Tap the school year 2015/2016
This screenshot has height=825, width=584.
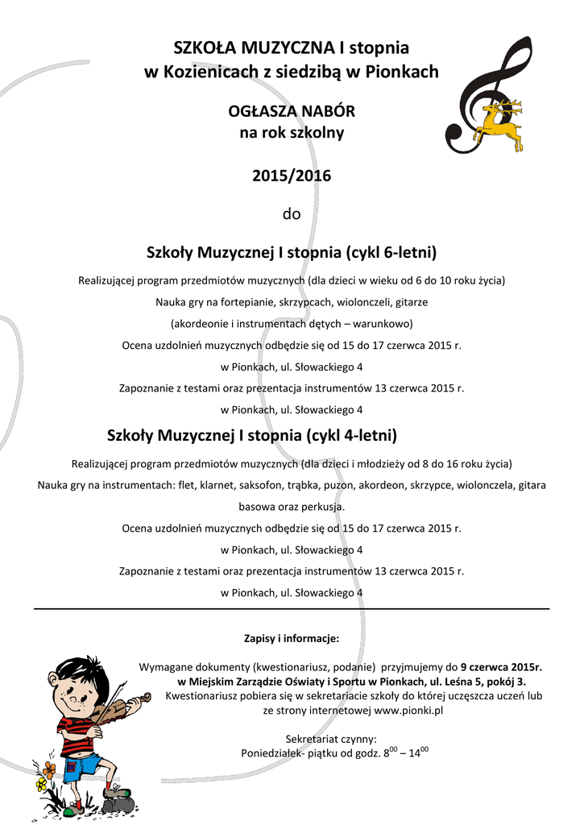292,176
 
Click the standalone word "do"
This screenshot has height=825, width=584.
292,214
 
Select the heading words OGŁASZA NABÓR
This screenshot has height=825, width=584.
292,110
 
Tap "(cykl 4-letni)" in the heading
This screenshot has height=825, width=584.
352,436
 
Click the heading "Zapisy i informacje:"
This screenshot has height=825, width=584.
292,639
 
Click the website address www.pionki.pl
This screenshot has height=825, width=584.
409,711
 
